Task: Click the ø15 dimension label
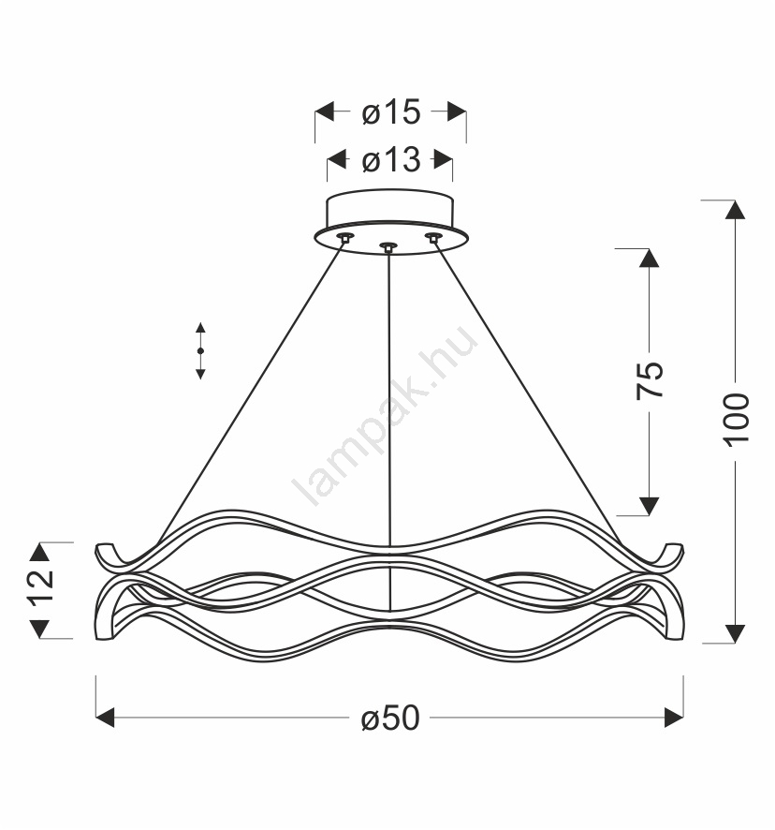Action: [x=391, y=112]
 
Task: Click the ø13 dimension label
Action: [x=391, y=159]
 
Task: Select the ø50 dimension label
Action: [x=390, y=719]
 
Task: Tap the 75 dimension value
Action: [x=649, y=380]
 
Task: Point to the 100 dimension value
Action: [x=736, y=421]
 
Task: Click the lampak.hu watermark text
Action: [x=385, y=416]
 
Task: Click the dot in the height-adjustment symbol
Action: [x=200, y=350]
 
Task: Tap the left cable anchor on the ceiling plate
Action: [x=345, y=237]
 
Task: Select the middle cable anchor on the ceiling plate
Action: [x=388, y=246]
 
